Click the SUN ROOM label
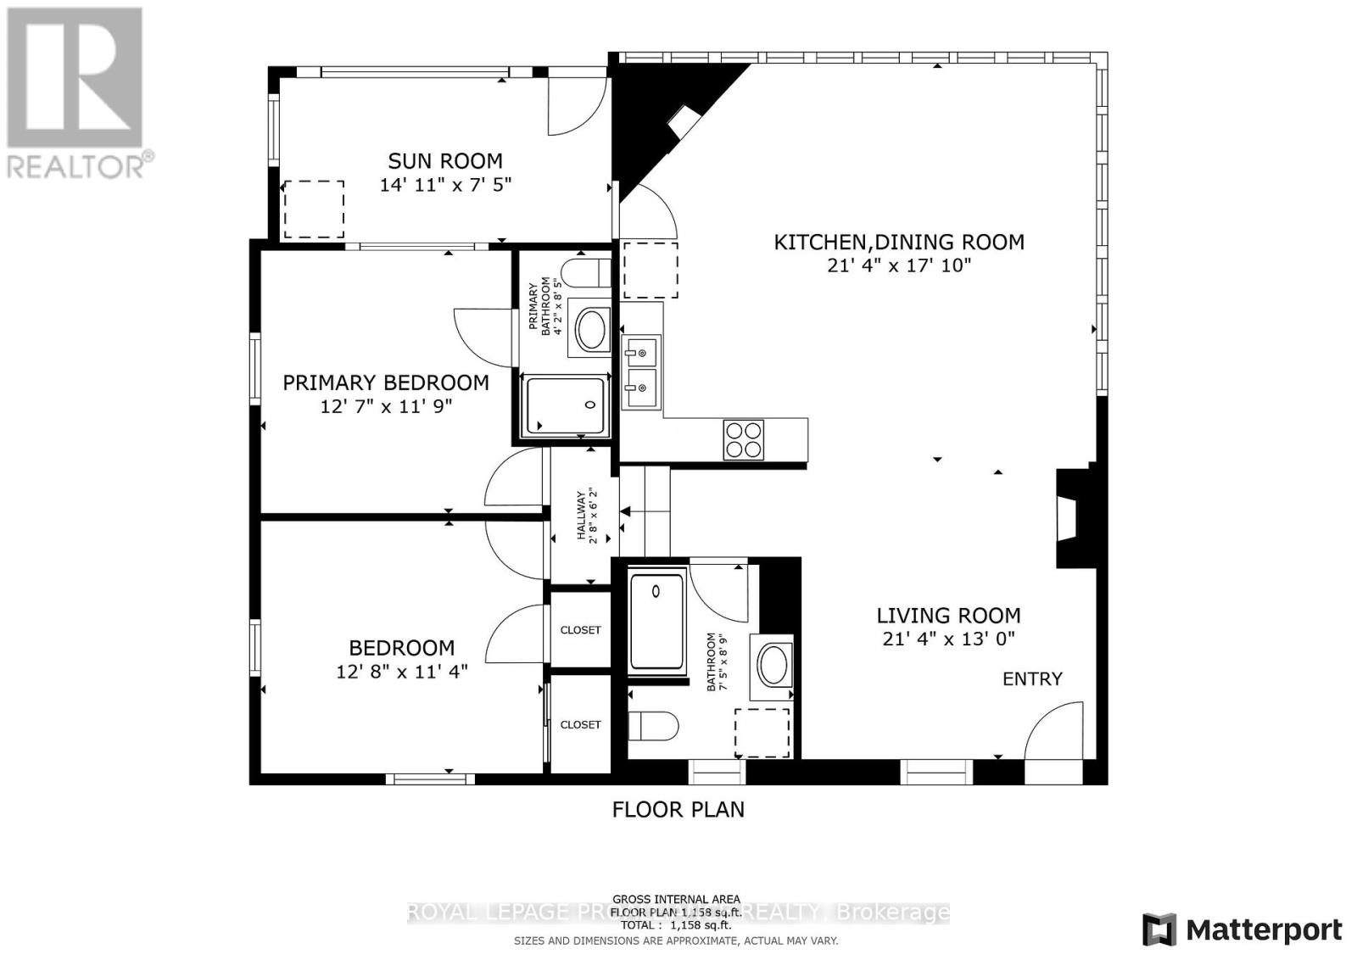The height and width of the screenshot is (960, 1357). (444, 161)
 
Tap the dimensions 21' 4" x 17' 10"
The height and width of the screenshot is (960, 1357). (898, 265)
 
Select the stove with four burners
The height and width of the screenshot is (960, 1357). (743, 439)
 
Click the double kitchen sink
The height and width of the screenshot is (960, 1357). (641, 371)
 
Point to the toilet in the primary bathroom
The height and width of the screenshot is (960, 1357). (588, 273)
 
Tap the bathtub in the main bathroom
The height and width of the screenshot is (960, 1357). (656, 621)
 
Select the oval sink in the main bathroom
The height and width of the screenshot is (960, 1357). (773, 665)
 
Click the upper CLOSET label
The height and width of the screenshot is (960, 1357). (580, 630)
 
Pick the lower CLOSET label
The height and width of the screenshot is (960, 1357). (580, 724)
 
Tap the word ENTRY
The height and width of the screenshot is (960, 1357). (1032, 678)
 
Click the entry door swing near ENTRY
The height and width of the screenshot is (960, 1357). (1055, 731)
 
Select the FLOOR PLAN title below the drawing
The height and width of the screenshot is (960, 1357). (678, 809)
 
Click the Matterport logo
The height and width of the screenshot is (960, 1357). (1243, 929)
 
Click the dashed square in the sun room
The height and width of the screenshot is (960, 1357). (313, 209)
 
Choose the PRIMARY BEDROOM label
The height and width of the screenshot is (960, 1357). (385, 382)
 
